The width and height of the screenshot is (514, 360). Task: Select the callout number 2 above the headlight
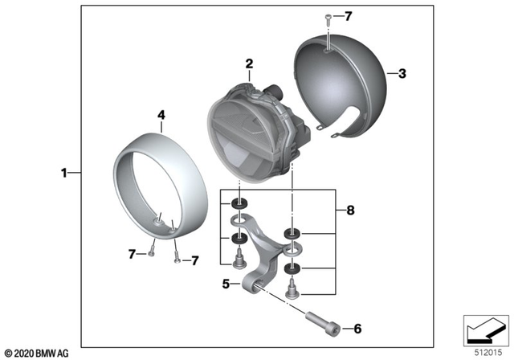[249, 63]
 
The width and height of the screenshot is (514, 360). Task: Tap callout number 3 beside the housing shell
[402, 74]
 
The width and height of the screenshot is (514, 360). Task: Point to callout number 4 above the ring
[161, 115]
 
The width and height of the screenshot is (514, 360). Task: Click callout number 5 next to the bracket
[226, 284]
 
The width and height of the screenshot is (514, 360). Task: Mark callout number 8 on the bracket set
[349, 211]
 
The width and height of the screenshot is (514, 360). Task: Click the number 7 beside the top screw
[348, 16]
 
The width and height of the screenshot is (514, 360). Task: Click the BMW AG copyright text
[38, 353]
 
